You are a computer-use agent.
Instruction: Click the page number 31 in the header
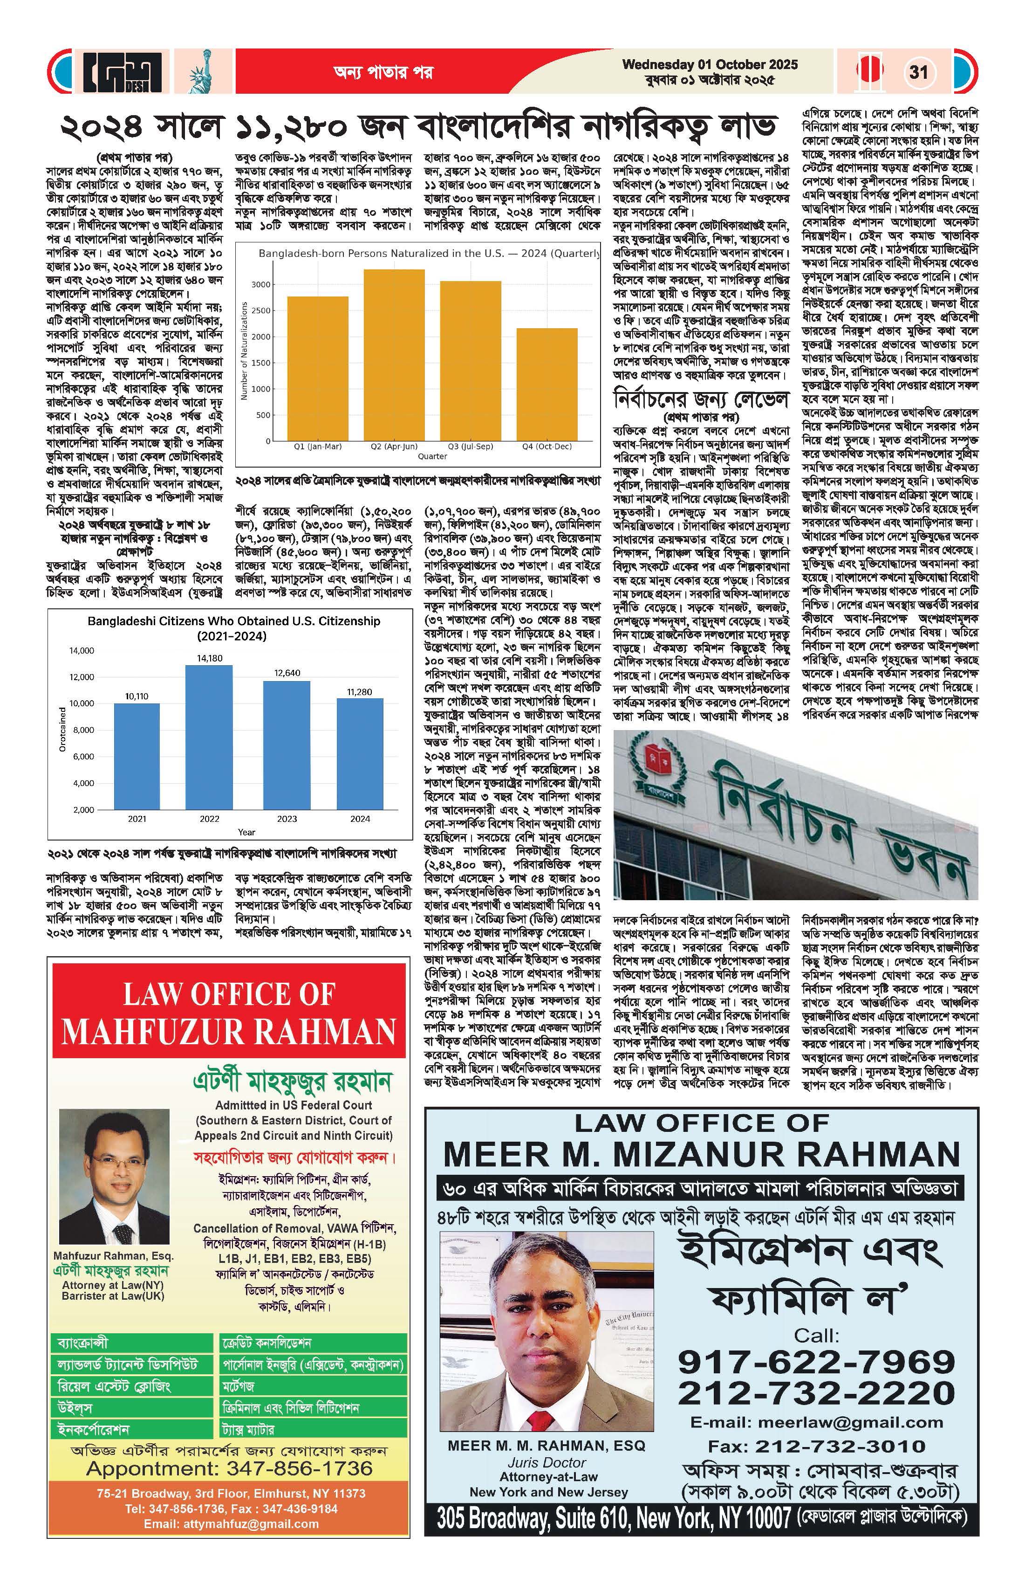918,71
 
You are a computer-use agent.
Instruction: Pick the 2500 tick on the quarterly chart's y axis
260,310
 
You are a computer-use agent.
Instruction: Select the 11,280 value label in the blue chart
359,692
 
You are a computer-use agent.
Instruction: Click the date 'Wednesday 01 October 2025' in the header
710,65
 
